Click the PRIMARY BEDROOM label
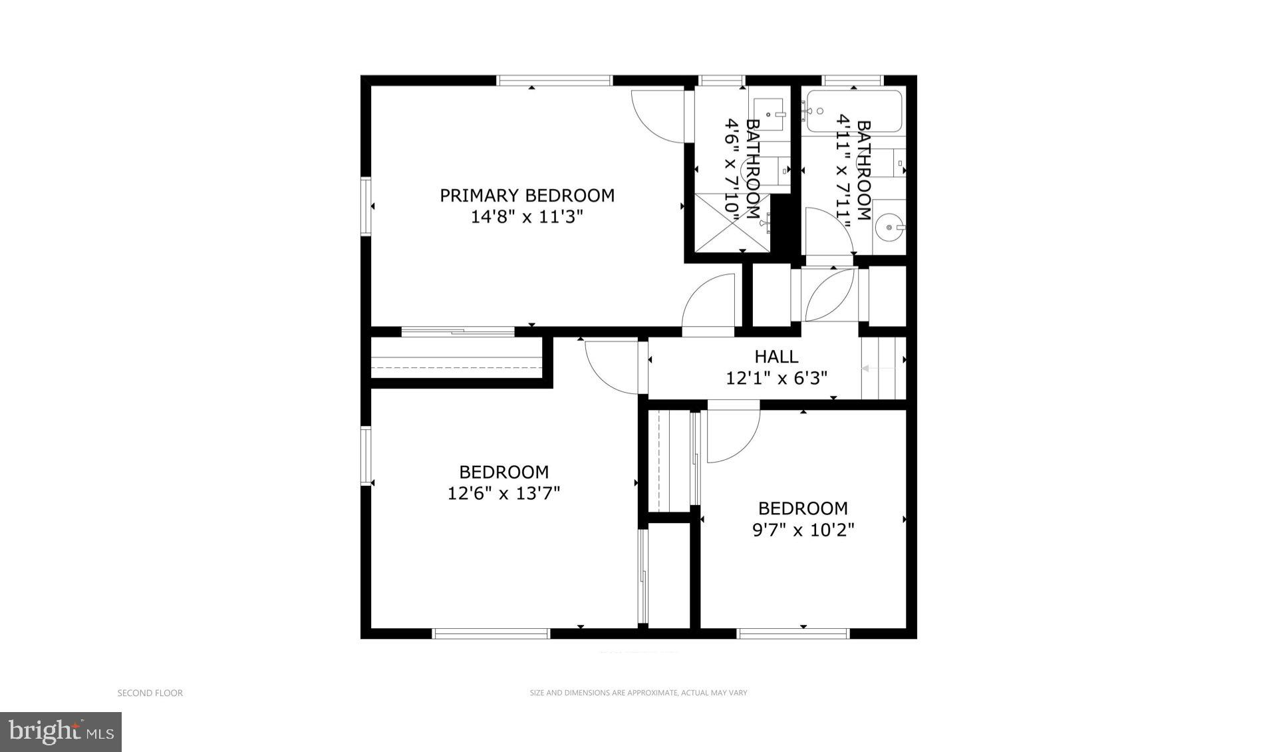527,196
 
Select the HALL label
776,357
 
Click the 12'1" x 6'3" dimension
776,379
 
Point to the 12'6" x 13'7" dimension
503,494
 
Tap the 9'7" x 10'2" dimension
803,530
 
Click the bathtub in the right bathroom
854,111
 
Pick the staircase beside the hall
883,368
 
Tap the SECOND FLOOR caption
150,693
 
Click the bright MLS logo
61,732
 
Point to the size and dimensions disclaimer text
638,693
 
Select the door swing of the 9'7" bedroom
732,436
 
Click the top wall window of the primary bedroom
554,81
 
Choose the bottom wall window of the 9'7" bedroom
793,634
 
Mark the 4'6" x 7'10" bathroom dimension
732,170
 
